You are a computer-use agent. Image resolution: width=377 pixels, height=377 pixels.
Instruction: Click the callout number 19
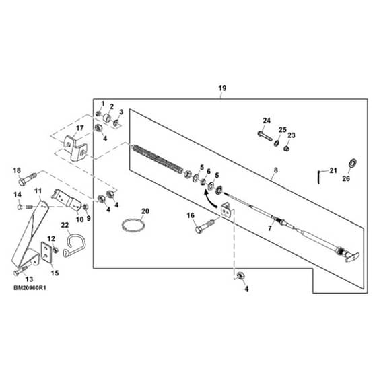(222, 88)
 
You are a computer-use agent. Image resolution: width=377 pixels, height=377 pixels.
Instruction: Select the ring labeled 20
(133, 226)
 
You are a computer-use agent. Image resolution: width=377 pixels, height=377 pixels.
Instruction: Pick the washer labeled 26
(353, 164)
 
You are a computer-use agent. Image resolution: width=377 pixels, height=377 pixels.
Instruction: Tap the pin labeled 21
(319, 177)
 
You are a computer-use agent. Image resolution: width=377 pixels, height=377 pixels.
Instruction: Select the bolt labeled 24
(265, 135)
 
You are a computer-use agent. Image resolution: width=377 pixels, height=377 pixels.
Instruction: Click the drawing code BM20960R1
(30, 288)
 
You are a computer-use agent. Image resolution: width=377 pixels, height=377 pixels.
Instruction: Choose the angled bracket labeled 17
(75, 147)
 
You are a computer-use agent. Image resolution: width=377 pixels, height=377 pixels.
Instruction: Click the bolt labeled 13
(21, 270)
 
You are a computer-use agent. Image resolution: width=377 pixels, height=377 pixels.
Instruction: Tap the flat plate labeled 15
(47, 252)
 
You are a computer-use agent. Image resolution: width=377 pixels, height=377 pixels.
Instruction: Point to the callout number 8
(275, 170)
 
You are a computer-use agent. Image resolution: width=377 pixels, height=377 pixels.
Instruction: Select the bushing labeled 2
(107, 118)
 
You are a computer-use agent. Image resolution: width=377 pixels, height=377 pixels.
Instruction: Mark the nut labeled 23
(286, 148)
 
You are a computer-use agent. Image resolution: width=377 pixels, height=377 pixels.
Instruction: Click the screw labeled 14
(24, 207)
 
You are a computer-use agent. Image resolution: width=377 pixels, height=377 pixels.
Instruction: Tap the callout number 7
(270, 228)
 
